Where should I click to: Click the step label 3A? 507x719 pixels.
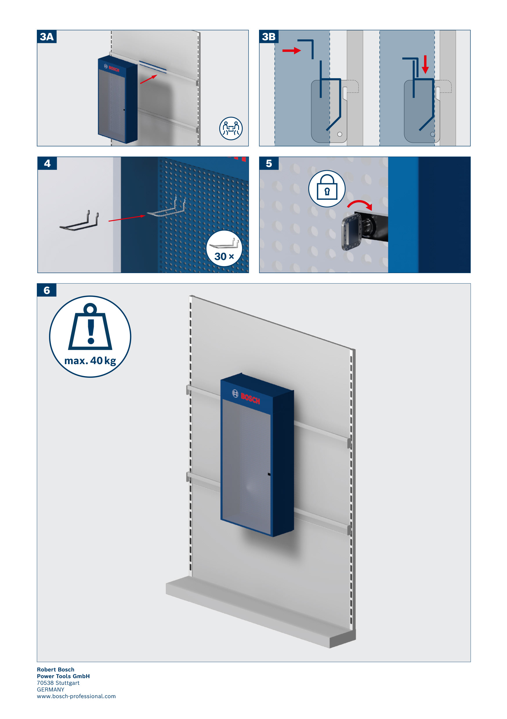click(x=47, y=37)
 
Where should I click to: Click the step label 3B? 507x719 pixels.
click(x=269, y=37)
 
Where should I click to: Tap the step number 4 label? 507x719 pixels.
click(x=47, y=164)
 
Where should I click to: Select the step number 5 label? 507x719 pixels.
click(x=269, y=164)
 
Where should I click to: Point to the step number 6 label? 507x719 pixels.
click(x=47, y=290)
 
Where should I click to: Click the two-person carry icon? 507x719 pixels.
click(x=231, y=128)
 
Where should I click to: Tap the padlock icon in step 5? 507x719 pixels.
click(x=327, y=188)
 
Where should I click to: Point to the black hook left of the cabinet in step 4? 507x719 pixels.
click(x=79, y=221)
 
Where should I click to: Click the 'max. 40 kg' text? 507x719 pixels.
click(x=90, y=361)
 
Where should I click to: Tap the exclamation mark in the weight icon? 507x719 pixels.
click(x=91, y=332)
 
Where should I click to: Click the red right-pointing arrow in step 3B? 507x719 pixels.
click(x=291, y=50)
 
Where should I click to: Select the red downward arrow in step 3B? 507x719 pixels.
click(x=425, y=65)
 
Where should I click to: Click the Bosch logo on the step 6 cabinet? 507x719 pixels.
click(x=246, y=397)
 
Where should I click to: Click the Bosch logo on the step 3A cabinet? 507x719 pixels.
click(x=112, y=68)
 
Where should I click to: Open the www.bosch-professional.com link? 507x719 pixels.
click(x=76, y=696)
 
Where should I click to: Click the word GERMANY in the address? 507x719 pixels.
click(x=50, y=689)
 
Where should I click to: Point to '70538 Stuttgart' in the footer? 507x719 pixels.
click(x=58, y=683)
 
